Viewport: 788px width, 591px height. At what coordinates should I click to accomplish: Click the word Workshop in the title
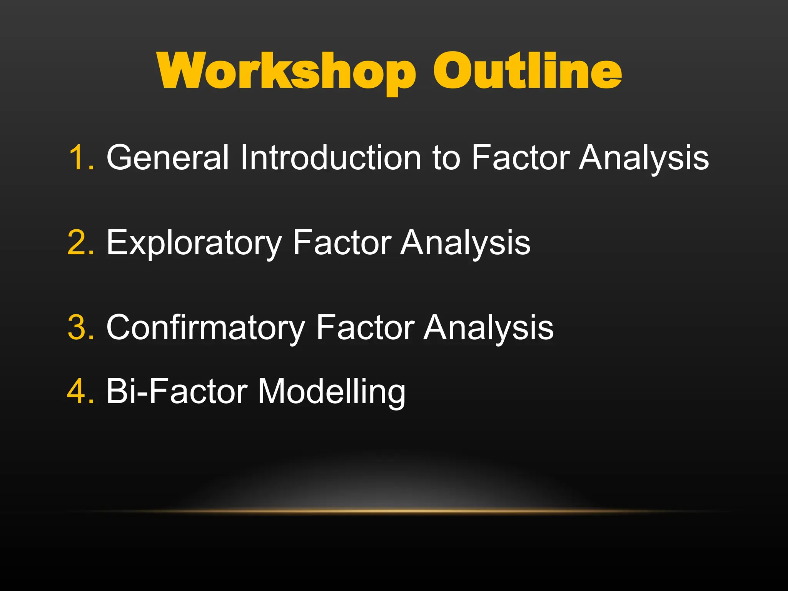287,71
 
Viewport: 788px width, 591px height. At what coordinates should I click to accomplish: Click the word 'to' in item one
446,158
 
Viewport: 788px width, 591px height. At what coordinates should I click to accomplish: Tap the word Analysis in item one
644,158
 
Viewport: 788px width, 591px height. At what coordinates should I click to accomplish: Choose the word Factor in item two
342,242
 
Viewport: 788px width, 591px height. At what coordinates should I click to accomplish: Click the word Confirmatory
205,328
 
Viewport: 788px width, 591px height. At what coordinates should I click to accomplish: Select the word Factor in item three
365,327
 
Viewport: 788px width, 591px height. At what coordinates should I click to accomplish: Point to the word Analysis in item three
488,328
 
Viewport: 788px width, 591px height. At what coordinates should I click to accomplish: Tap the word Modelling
331,392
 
